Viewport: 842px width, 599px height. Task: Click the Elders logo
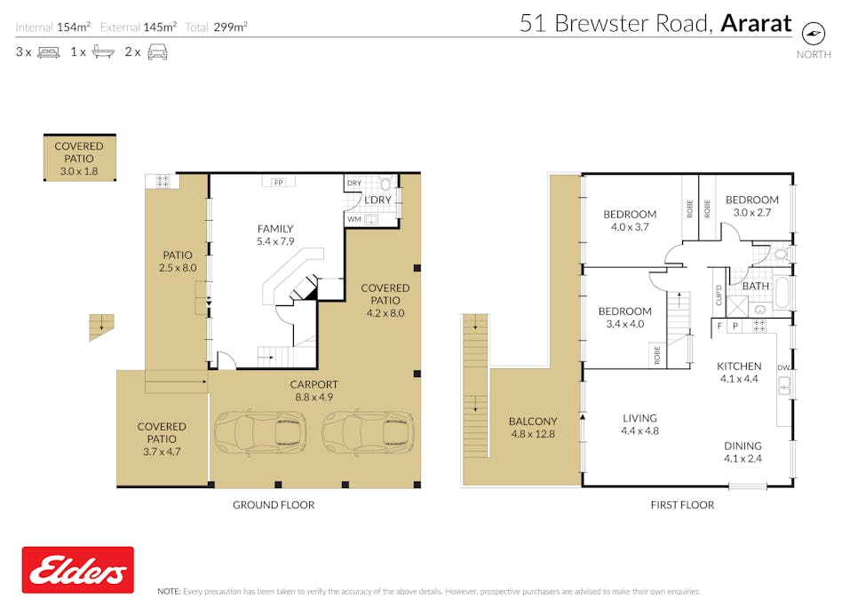tap(77, 570)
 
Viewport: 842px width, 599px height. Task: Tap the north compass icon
tap(812, 33)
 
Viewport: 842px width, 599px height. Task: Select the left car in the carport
tap(260, 432)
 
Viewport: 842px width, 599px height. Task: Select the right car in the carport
tap(367, 432)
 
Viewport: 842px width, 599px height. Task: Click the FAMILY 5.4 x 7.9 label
tap(274, 235)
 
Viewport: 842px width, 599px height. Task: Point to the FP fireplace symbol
tap(279, 182)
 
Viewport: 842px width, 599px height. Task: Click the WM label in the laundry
tap(354, 219)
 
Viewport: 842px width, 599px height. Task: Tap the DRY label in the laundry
tap(354, 183)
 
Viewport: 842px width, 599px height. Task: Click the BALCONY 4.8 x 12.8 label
tap(534, 428)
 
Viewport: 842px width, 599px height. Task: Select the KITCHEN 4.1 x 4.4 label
tap(739, 373)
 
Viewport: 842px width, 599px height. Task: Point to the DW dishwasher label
tap(782, 367)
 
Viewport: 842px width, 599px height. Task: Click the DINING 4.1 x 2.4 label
tap(743, 453)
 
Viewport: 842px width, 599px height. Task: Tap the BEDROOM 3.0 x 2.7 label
tap(751, 206)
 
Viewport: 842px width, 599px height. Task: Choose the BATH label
tap(756, 287)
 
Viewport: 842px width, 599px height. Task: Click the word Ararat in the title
tap(756, 24)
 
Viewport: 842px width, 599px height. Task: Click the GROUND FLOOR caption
tap(274, 505)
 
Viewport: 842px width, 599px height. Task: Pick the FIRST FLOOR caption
tap(681, 505)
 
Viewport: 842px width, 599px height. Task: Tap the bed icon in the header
tap(48, 52)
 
